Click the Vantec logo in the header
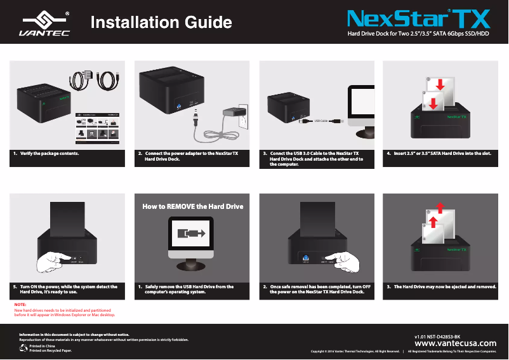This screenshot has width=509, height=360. pos(44,23)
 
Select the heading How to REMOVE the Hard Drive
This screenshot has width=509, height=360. pos(192,206)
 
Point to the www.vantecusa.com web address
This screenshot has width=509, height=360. pos(454,343)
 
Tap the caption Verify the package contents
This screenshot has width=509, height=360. pos(50,154)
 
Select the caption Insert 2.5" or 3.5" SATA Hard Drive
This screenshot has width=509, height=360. pos(442,154)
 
